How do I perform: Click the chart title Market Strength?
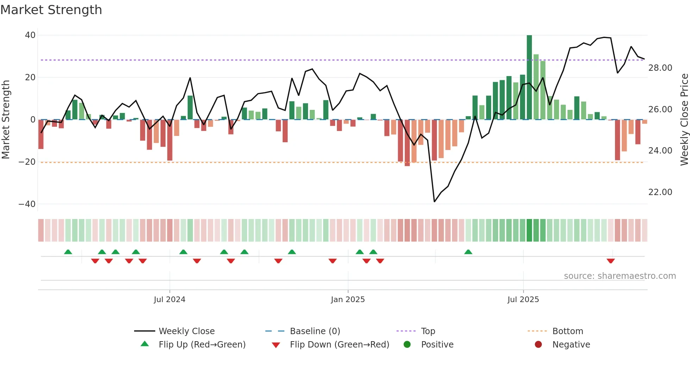click(51, 10)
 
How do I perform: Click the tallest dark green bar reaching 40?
click(529, 77)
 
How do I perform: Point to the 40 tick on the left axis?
click(30, 35)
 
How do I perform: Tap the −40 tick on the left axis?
click(27, 204)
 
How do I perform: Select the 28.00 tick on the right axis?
click(660, 68)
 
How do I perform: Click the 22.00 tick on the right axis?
click(660, 192)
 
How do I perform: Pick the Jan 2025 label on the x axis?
click(348, 300)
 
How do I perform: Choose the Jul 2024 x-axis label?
click(169, 300)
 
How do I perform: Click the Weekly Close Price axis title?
click(684, 120)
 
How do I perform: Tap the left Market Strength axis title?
click(6, 120)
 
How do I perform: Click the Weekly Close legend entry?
click(186, 331)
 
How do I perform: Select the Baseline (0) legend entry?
click(315, 331)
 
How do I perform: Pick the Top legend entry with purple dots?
click(428, 331)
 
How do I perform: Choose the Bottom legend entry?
click(567, 331)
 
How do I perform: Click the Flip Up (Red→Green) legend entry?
click(202, 345)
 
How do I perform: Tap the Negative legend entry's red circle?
click(538, 345)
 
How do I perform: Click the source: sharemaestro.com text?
click(620, 276)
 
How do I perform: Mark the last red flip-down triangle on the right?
click(611, 261)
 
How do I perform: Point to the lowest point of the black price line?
click(434, 202)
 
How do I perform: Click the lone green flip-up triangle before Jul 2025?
click(468, 252)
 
